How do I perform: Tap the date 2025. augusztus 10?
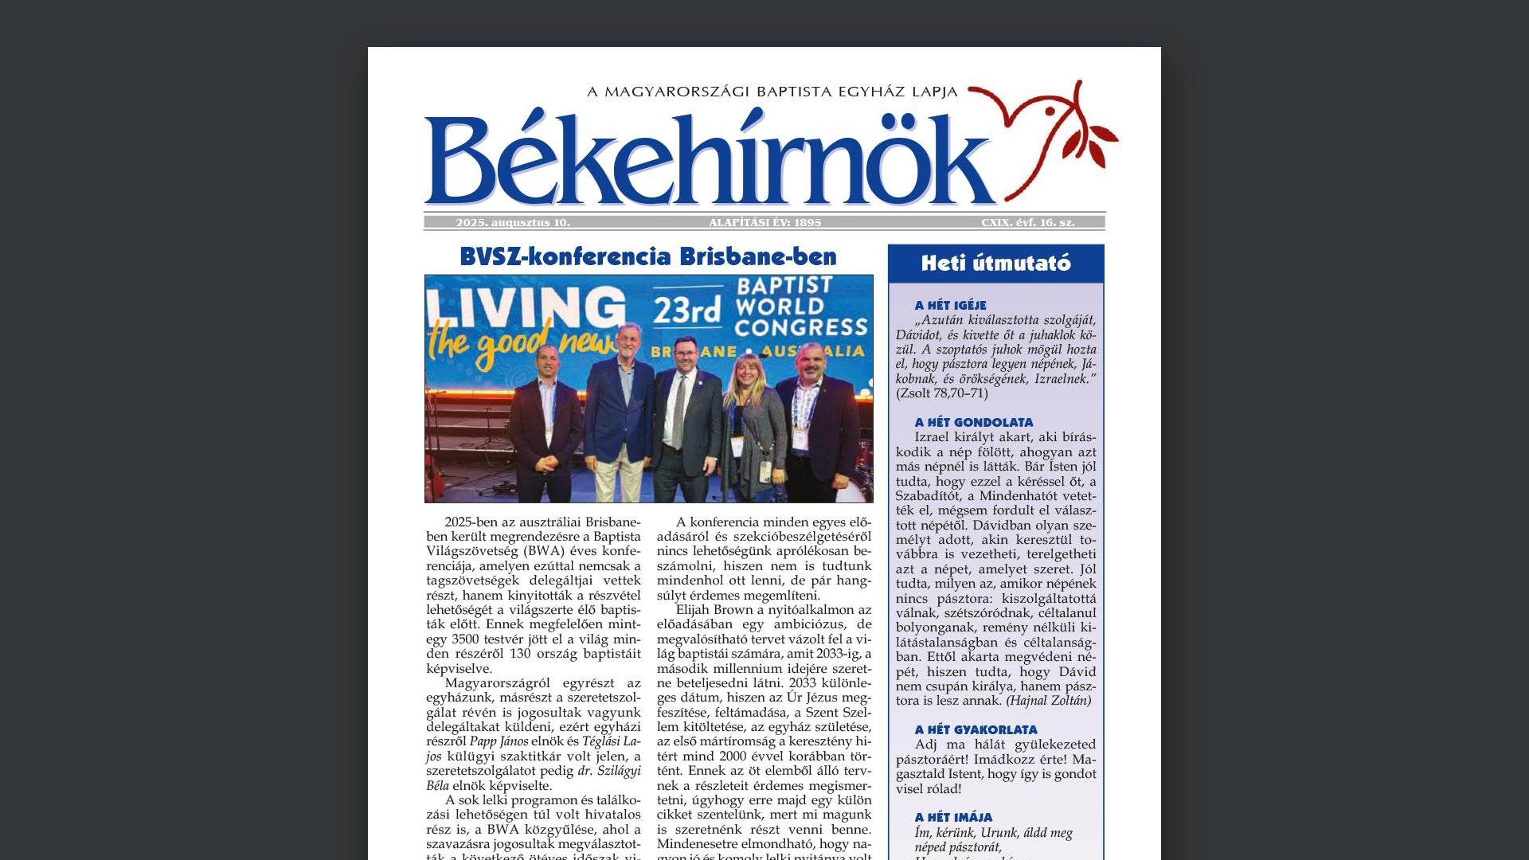tap(513, 223)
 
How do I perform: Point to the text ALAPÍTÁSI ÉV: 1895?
tap(764, 223)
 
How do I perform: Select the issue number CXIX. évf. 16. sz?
tap(1027, 223)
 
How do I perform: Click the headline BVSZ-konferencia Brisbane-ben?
tap(648, 256)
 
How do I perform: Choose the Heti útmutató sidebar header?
tap(995, 264)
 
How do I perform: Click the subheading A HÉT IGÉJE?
tap(950, 305)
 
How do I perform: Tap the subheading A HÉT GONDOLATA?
tap(973, 422)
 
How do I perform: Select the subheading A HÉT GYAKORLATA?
tap(976, 729)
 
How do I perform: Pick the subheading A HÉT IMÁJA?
tap(953, 817)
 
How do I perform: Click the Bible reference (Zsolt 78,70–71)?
tap(941, 393)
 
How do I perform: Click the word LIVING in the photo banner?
tap(526, 307)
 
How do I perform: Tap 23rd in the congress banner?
tap(687, 310)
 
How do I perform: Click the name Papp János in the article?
tap(499, 741)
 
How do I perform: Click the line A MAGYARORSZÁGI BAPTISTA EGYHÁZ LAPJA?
tap(772, 92)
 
